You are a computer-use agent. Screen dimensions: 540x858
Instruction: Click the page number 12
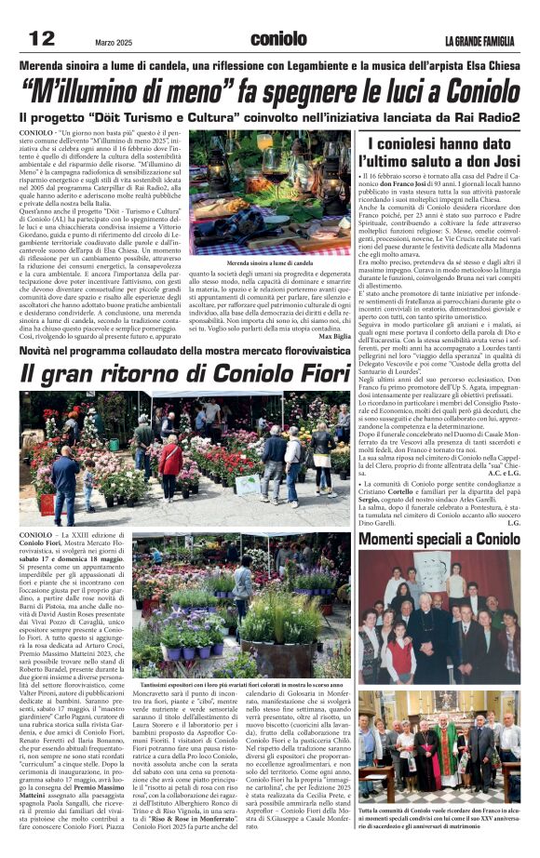click(x=41, y=38)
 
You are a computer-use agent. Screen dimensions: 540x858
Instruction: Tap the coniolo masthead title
click(x=278, y=38)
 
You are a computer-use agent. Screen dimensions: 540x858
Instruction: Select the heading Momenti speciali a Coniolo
click(x=439, y=540)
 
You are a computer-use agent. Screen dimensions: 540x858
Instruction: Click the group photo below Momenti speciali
click(x=439, y=614)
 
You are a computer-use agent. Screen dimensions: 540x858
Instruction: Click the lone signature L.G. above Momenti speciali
click(x=513, y=522)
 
